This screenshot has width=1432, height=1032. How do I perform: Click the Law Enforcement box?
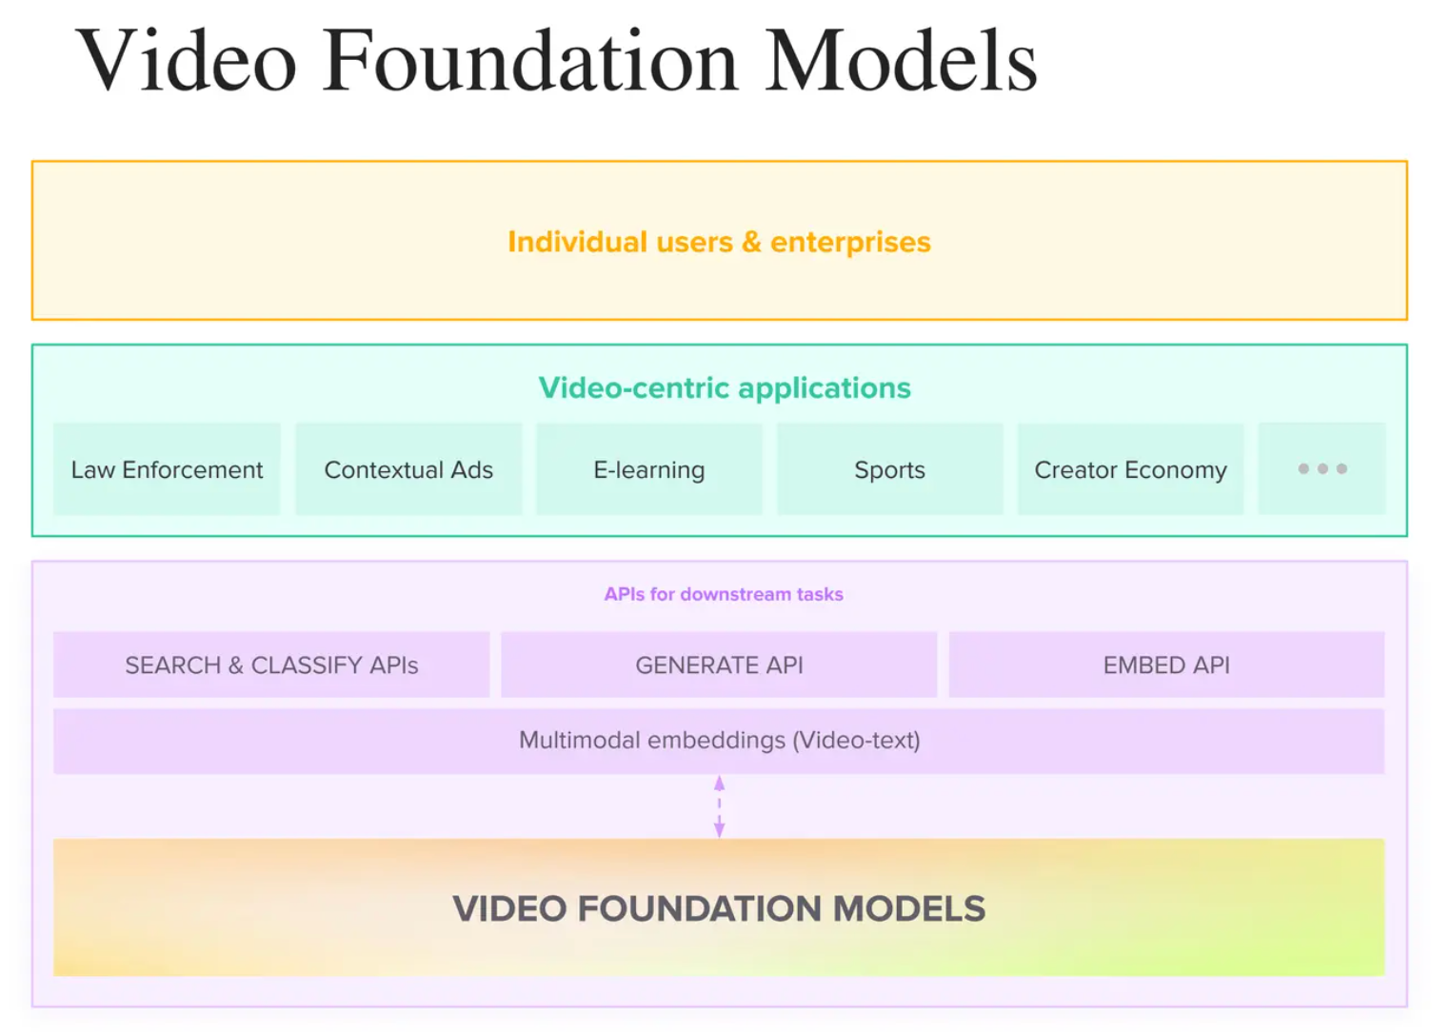[x=167, y=469]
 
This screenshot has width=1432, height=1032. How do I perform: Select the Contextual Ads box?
[x=408, y=469]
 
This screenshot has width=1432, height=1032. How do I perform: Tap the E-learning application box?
[x=649, y=469]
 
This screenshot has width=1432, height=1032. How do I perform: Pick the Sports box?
[x=890, y=469]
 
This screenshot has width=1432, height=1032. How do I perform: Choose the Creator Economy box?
[x=1130, y=469]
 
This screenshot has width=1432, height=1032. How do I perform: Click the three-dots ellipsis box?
[x=1322, y=468]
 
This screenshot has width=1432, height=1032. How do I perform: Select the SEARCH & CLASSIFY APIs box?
[x=271, y=665]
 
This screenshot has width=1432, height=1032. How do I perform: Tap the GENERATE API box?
[x=719, y=665]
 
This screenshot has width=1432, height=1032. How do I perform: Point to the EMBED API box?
[x=1166, y=665]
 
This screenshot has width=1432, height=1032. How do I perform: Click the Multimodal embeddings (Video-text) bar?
[x=719, y=741]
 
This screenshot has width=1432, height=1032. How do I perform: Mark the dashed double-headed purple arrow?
[x=719, y=806]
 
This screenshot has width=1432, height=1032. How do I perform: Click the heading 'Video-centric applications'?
[x=725, y=387]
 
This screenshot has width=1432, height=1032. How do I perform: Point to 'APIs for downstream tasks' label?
[x=724, y=594]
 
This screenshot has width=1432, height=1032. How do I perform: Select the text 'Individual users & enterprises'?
[x=719, y=242]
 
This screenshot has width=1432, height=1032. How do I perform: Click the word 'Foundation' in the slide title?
[x=530, y=61]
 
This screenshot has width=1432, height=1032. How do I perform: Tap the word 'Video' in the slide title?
[x=187, y=61]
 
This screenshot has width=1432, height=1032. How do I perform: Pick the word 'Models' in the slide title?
[x=901, y=61]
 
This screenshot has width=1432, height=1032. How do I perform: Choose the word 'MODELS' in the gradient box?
[x=909, y=908]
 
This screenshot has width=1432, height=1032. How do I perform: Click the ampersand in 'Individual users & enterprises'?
[x=752, y=242]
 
